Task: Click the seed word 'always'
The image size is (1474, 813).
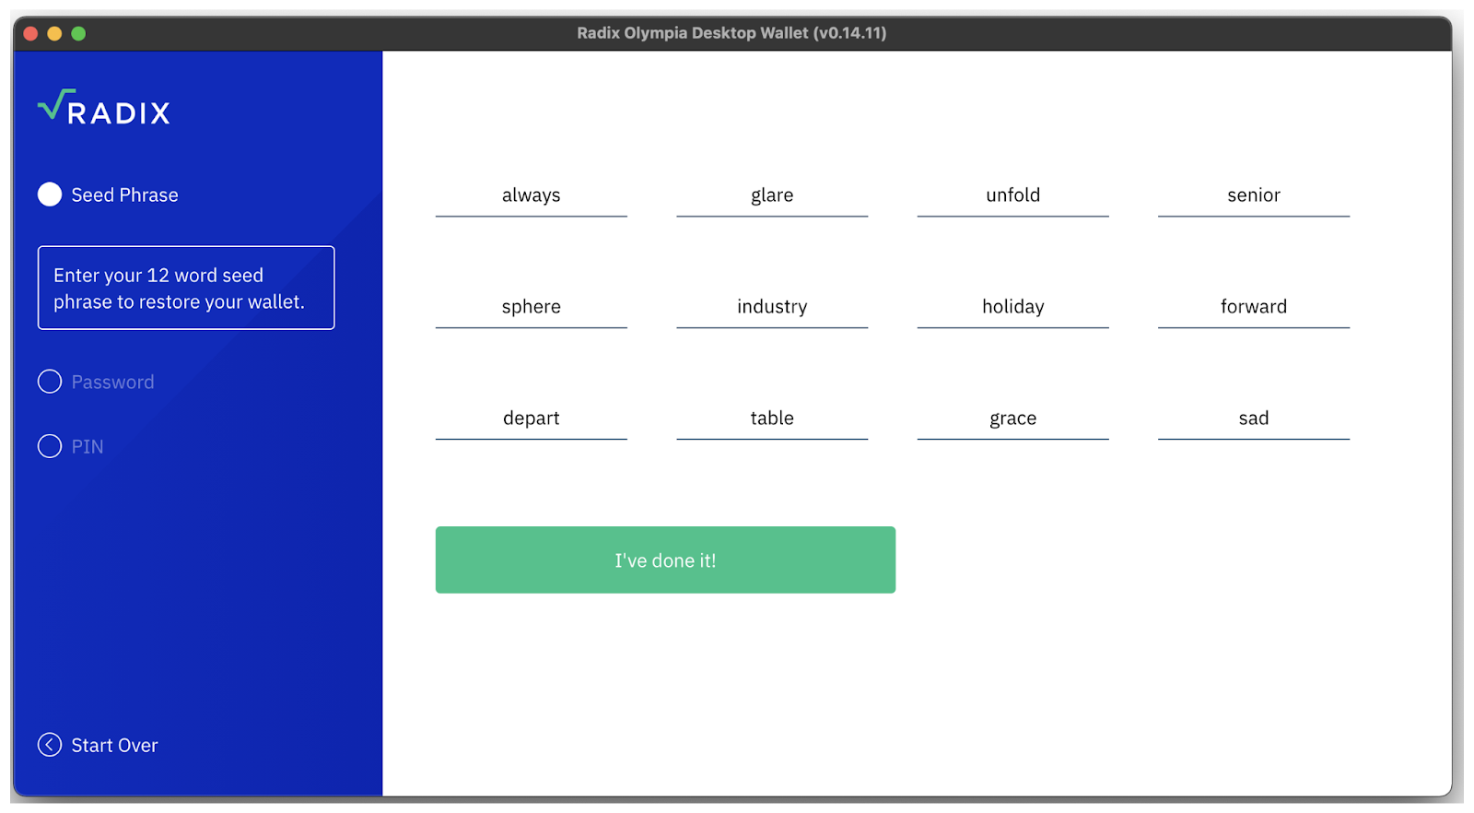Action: [x=531, y=195]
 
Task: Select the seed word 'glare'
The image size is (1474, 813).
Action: [x=772, y=195]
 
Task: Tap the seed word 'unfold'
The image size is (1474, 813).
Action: [x=1012, y=195]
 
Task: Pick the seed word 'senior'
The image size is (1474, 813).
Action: [x=1254, y=195]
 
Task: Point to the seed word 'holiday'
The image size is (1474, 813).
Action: [x=1012, y=307]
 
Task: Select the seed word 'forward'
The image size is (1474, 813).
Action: [x=1254, y=307]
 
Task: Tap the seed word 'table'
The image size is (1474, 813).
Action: [x=772, y=418]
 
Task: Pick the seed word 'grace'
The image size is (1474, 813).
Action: [x=1012, y=418]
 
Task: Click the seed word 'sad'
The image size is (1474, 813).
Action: [x=1254, y=418]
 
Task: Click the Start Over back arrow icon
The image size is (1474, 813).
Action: [x=50, y=745]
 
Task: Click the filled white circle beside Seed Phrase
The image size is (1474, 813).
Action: [x=50, y=194]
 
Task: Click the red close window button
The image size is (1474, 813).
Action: [x=30, y=33]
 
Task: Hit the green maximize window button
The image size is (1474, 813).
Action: [x=78, y=33]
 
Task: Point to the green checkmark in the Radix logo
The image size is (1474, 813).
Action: [x=55, y=104]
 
